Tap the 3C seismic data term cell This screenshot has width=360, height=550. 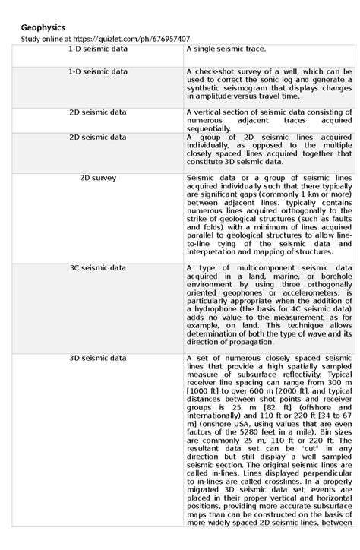[x=97, y=268]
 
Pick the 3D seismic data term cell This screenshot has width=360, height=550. [x=97, y=356]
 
